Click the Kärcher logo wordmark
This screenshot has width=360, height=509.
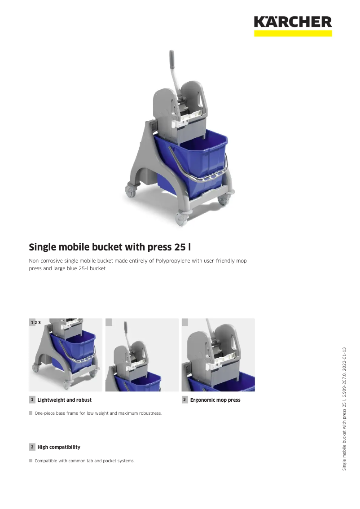tap(293, 22)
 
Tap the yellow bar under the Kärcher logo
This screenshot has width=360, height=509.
tap(293, 33)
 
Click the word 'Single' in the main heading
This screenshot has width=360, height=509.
tap(44, 247)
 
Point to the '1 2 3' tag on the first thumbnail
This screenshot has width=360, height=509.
tap(35, 323)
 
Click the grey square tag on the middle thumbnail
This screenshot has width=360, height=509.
tap(108, 321)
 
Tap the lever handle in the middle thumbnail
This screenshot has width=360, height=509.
tap(126, 327)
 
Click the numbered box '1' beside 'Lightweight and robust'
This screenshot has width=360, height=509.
tap(32, 399)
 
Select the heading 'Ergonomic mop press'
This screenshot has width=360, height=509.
tap(215, 400)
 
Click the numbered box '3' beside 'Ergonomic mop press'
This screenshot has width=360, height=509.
tap(184, 399)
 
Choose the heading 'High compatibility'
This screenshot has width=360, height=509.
tap(59, 447)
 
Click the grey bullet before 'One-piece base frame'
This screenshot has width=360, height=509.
tap(31, 413)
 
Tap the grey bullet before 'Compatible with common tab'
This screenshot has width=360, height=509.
tap(31, 461)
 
